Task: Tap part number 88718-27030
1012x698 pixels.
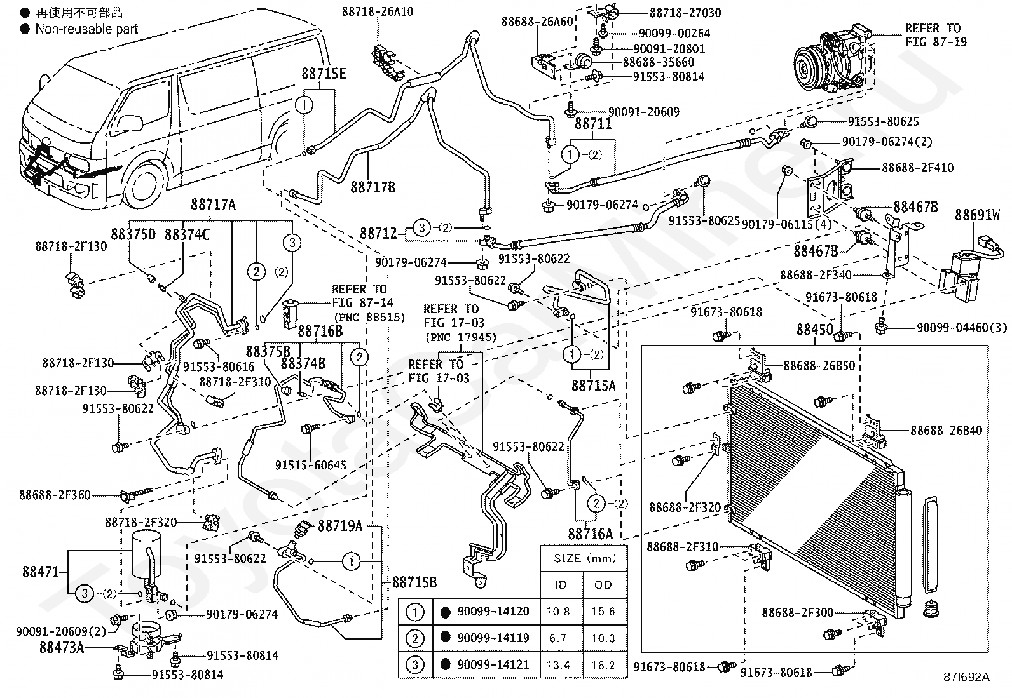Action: click(x=685, y=13)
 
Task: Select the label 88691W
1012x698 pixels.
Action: click(x=977, y=215)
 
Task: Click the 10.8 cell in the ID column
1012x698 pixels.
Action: click(x=558, y=612)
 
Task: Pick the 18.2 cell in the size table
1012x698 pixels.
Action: click(x=603, y=665)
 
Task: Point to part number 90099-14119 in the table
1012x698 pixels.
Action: click(x=493, y=638)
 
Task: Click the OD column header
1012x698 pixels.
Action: click(x=603, y=585)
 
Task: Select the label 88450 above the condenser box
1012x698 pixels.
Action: click(x=814, y=330)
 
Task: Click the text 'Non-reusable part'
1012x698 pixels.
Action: click(x=86, y=29)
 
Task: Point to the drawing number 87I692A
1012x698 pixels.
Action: click(x=966, y=677)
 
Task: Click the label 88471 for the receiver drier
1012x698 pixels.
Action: click(x=41, y=572)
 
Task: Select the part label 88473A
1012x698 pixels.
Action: click(x=62, y=647)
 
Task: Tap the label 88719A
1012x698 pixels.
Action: click(x=340, y=525)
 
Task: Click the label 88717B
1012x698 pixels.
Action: click(x=373, y=187)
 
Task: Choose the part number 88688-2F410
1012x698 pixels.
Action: click(x=917, y=168)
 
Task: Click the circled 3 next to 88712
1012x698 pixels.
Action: click(x=422, y=227)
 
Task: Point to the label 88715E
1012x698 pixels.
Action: click(x=324, y=74)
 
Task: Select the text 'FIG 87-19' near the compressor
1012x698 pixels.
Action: click(x=936, y=42)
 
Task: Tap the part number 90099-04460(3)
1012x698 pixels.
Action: click(x=962, y=328)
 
